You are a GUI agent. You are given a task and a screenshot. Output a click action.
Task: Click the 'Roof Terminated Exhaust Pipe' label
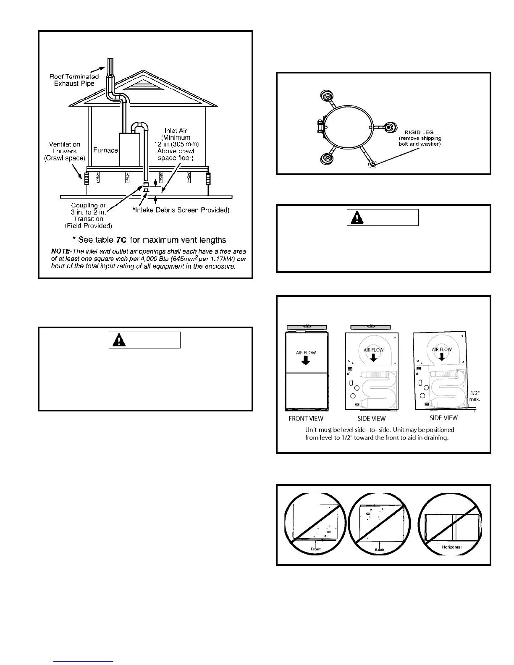pyautogui.click(x=74, y=80)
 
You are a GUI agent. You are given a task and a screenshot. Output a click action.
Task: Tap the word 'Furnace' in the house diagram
pyautogui.click(x=105, y=150)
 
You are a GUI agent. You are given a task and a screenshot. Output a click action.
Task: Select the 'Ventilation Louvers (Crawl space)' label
pyautogui.click(x=65, y=151)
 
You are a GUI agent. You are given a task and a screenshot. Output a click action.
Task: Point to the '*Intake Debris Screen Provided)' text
pyautogui.click(x=181, y=210)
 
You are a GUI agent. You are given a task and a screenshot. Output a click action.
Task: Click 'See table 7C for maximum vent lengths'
pyautogui.click(x=149, y=240)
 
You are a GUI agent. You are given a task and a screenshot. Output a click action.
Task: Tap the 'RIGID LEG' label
pyautogui.click(x=419, y=132)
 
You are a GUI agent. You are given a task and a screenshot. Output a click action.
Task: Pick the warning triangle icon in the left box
pyautogui.click(x=120, y=340)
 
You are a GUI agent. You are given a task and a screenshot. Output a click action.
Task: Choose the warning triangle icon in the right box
pyautogui.click(x=358, y=217)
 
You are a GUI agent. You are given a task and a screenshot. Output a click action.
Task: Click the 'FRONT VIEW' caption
pyautogui.click(x=306, y=418)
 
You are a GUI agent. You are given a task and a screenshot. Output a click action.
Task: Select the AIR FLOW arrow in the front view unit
pyautogui.click(x=306, y=360)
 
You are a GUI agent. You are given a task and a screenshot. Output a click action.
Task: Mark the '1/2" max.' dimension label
pyautogui.click(x=475, y=396)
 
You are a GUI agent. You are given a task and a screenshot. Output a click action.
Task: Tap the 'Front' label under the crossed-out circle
pyautogui.click(x=315, y=549)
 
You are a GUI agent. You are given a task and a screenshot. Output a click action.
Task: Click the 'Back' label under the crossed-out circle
pyautogui.click(x=379, y=550)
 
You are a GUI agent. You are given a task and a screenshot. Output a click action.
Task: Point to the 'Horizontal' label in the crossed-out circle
pyautogui.click(x=451, y=547)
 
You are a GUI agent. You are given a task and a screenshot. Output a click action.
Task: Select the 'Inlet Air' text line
pyautogui.click(x=176, y=131)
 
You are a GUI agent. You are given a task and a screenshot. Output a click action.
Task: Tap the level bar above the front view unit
pyautogui.click(x=307, y=327)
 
